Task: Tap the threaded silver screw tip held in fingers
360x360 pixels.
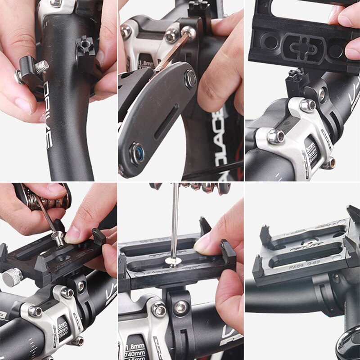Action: (x=41, y=67)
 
